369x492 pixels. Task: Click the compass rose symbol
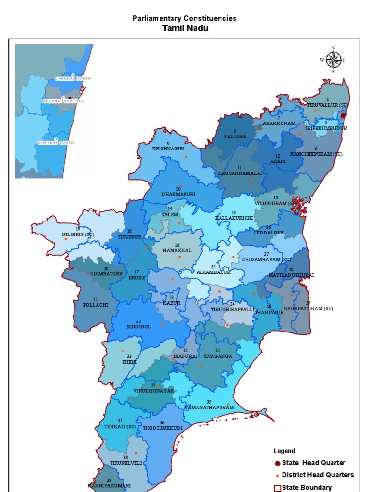(x=333, y=60)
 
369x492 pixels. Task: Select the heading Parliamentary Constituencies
(x=184, y=18)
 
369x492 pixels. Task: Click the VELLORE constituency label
(x=235, y=136)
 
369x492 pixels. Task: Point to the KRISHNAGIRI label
(x=168, y=149)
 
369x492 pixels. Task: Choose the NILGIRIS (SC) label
(x=78, y=234)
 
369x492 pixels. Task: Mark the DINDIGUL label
(x=138, y=326)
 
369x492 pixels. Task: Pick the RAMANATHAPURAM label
(x=209, y=407)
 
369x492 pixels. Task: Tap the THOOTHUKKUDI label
(x=162, y=428)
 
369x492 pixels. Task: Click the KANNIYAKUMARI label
(x=109, y=485)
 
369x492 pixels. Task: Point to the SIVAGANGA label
(x=217, y=357)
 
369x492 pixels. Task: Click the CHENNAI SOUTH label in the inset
(x=56, y=143)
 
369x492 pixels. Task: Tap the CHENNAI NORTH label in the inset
(x=73, y=78)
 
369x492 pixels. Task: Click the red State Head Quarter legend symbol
(x=277, y=463)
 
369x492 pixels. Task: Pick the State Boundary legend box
(x=277, y=488)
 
